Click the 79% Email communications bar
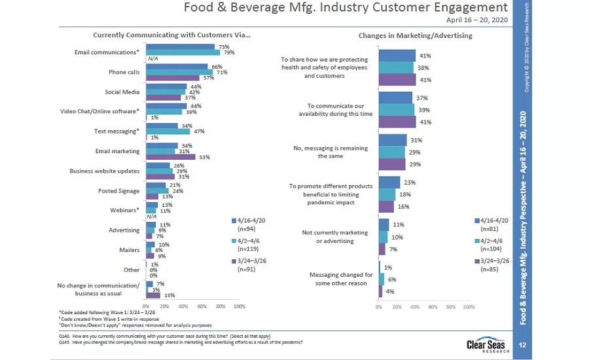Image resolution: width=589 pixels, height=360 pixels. [182, 52]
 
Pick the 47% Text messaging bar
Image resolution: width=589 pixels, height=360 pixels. [167, 132]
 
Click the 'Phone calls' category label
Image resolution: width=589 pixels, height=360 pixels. [124, 72]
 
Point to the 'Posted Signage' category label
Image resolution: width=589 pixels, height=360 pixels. [119, 191]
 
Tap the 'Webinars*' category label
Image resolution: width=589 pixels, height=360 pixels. [124, 211]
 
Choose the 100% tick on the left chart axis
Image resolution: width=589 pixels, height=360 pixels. [239, 306]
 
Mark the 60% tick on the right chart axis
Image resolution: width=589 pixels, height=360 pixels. [433, 306]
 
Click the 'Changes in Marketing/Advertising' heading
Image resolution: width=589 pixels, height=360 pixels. [415, 35]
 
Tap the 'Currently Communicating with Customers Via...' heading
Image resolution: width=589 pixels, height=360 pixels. [171, 35]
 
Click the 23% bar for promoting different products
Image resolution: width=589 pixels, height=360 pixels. [389, 182]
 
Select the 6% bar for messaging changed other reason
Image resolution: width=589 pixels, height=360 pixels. [382, 279]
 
